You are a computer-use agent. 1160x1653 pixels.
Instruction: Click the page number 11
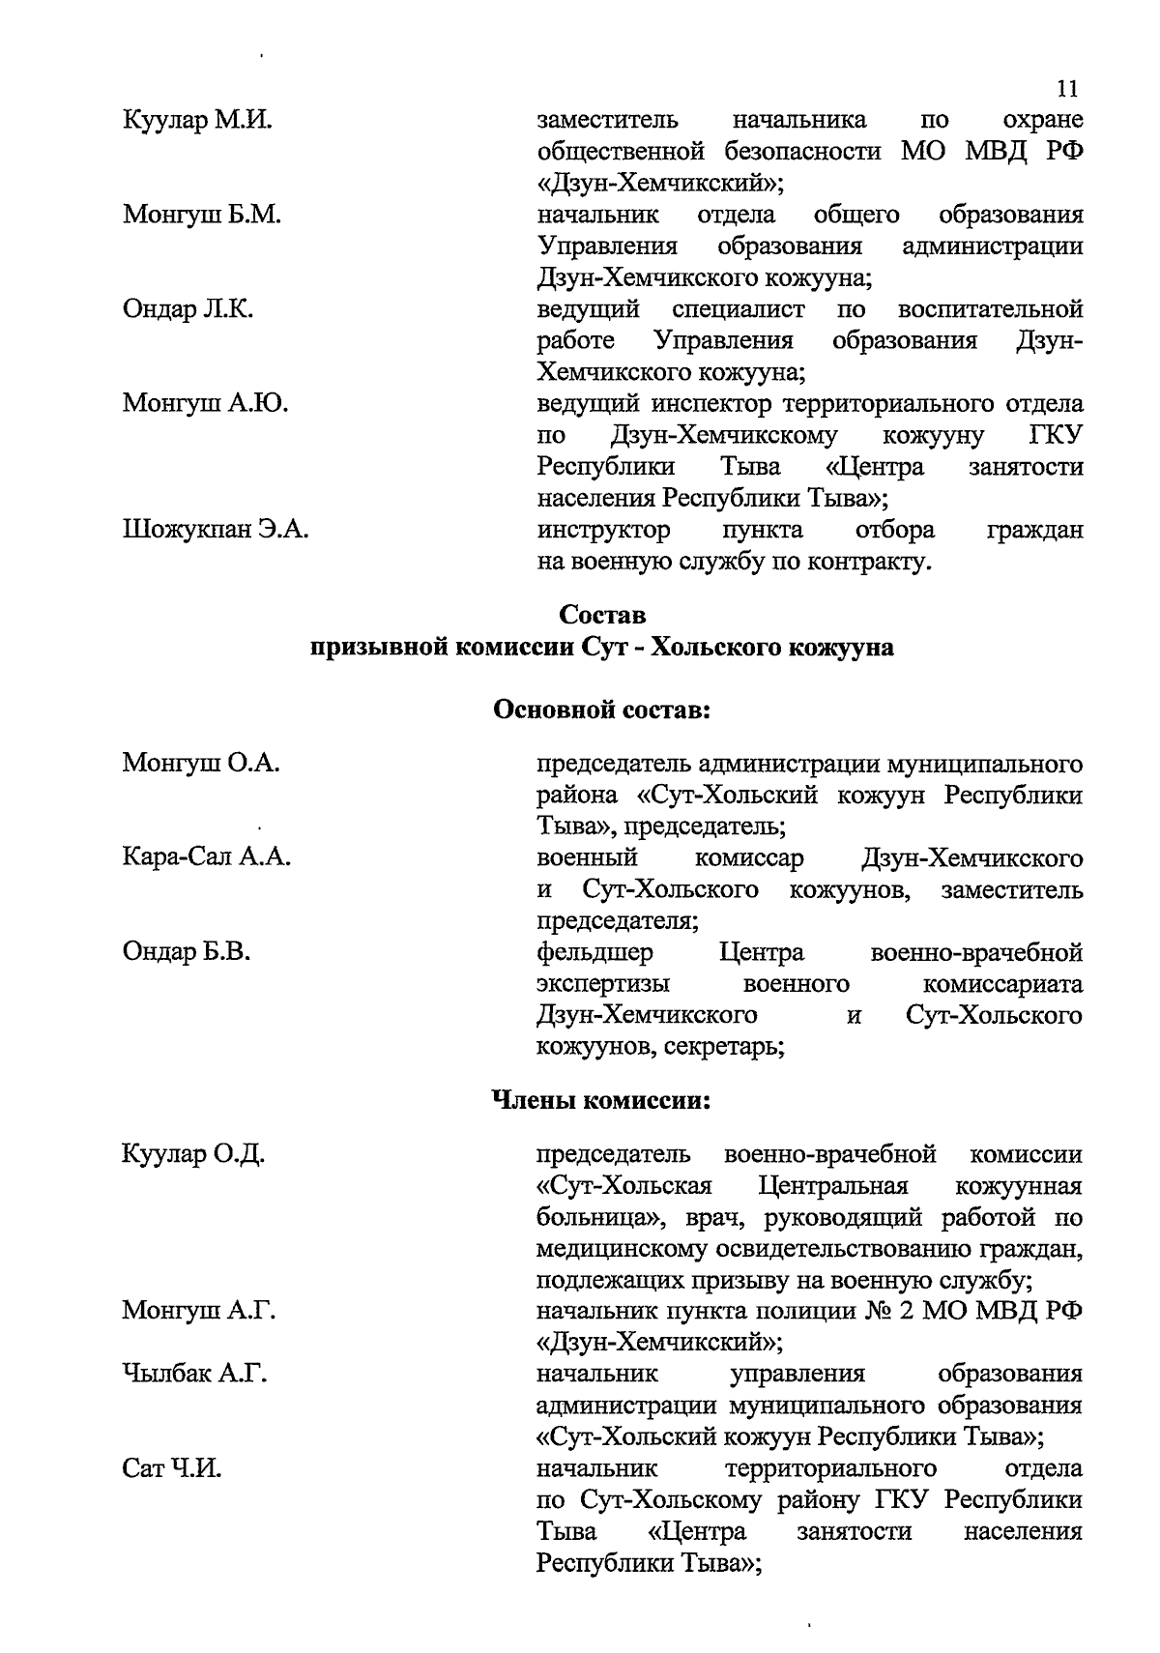pyautogui.click(x=1067, y=89)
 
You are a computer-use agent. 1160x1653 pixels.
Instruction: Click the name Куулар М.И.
pyautogui.click(x=197, y=121)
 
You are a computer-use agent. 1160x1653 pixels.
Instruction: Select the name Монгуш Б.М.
pyautogui.click(x=202, y=215)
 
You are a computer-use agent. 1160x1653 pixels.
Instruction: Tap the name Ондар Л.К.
pyautogui.click(x=188, y=309)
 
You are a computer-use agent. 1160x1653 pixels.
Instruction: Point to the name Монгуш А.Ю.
pyautogui.click(x=205, y=403)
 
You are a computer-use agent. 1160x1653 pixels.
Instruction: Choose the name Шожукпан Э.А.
pyautogui.click(x=216, y=530)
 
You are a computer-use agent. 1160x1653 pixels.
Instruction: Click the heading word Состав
pyautogui.click(x=601, y=615)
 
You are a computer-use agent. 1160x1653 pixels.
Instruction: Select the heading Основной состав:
pyautogui.click(x=602, y=710)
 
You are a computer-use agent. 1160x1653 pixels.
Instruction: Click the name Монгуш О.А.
pyautogui.click(x=201, y=764)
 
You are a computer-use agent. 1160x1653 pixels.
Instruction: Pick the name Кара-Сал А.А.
pyautogui.click(x=207, y=857)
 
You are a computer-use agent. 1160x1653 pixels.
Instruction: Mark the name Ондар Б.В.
pyautogui.click(x=187, y=952)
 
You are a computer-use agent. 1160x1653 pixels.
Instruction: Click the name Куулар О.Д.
pyautogui.click(x=193, y=1154)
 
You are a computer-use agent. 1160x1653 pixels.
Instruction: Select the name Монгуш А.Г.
pyautogui.click(x=199, y=1311)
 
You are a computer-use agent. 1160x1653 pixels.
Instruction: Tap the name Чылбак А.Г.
pyautogui.click(x=194, y=1374)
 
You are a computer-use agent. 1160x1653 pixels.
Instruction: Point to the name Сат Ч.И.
pyautogui.click(x=172, y=1468)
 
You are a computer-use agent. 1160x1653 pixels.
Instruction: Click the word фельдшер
pyautogui.click(x=594, y=953)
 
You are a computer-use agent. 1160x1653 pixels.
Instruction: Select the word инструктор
pyautogui.click(x=603, y=530)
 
